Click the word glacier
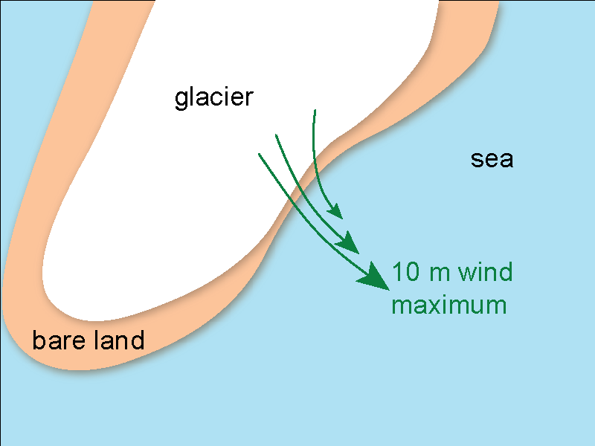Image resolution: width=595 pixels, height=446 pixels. (214, 97)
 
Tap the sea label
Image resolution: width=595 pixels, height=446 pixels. (492, 158)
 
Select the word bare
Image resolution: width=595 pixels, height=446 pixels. (57, 341)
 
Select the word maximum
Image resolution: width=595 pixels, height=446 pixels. (448, 305)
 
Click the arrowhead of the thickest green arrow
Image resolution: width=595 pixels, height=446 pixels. (376, 278)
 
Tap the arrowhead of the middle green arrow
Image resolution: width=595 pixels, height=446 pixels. (351, 245)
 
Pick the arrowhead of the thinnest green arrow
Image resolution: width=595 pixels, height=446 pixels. (336, 213)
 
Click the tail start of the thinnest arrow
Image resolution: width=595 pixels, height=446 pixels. (315, 110)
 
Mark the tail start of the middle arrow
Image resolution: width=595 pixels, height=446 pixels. (276, 135)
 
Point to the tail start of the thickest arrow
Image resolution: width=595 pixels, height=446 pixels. (259, 154)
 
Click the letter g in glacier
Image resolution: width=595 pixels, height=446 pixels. (181, 99)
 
